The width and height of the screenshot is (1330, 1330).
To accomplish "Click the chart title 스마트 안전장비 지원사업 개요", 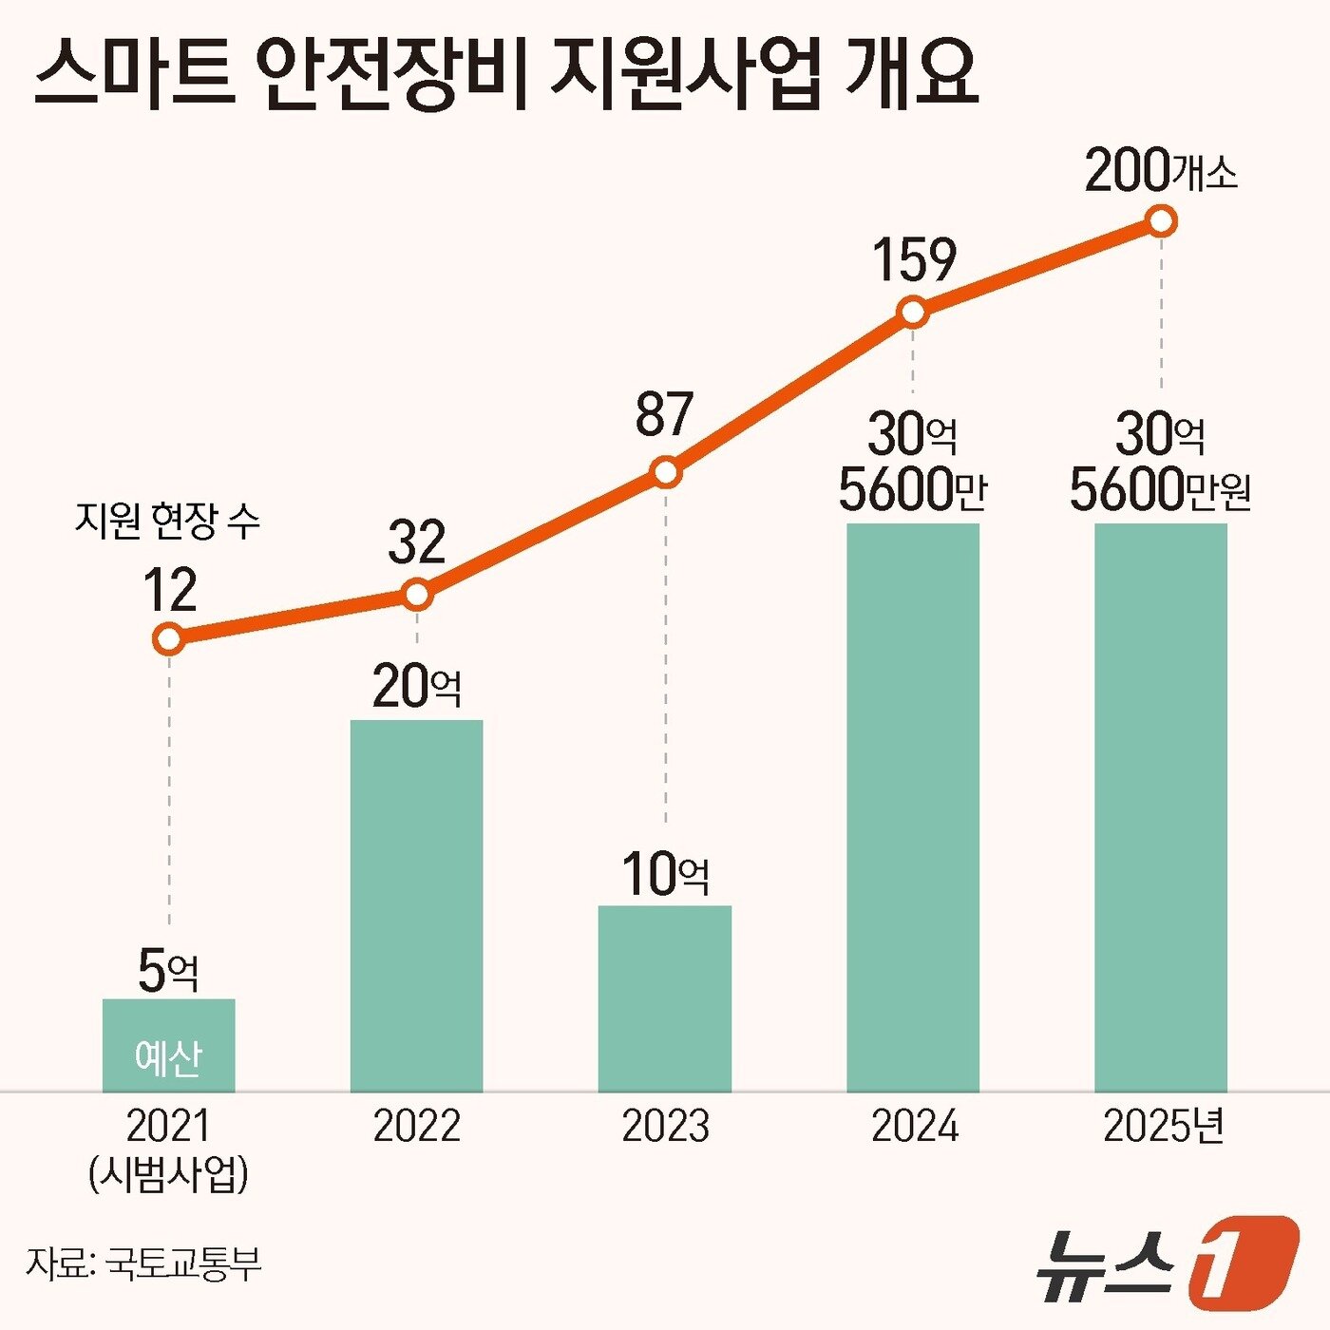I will pos(505,74).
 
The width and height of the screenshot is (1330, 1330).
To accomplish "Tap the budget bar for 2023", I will pos(665,998).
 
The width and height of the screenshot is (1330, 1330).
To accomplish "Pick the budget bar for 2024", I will pos(913,807).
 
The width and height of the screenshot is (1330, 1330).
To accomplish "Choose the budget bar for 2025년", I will pos(1161,807).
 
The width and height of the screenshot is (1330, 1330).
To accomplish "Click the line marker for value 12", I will pos(168,638).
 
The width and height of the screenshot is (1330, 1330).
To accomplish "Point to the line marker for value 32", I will pos(417,595).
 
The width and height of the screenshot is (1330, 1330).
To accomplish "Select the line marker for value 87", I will pos(666,472).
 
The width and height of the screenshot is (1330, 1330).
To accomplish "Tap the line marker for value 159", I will pos(913,312).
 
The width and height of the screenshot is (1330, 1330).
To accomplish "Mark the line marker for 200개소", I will pos(1161,221).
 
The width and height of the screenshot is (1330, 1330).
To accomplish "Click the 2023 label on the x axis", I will pos(665,1127).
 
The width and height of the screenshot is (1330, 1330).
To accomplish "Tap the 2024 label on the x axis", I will pos(914,1127).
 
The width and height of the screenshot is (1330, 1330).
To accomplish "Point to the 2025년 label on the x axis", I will pos(1163,1127).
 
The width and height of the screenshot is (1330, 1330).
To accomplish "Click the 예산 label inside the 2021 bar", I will pos(168,1057).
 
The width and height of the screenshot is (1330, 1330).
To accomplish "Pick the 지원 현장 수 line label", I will pos(167,521).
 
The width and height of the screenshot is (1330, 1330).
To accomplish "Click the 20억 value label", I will pos(416,686).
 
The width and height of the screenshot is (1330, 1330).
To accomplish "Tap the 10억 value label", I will pos(665,874).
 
